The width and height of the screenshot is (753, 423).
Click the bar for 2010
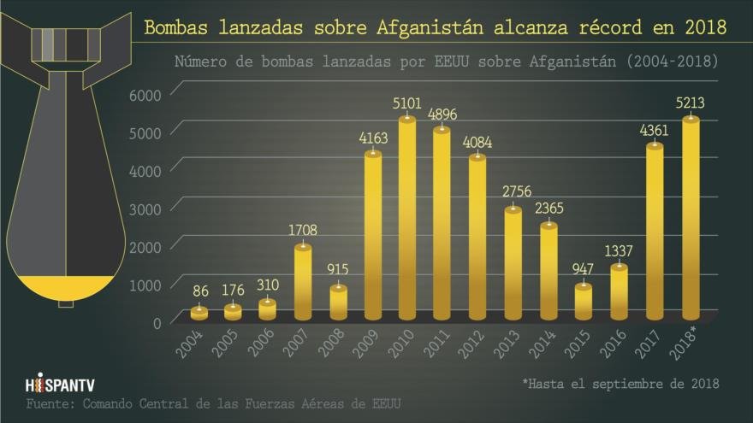click(407, 218)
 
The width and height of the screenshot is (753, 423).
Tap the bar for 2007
click(303, 282)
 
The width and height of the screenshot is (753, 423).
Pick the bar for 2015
click(583, 301)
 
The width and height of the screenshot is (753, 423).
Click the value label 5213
click(691, 102)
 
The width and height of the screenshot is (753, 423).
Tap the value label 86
click(199, 291)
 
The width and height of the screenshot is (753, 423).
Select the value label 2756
click(513, 191)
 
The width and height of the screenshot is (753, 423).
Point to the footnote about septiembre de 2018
click(620, 383)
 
